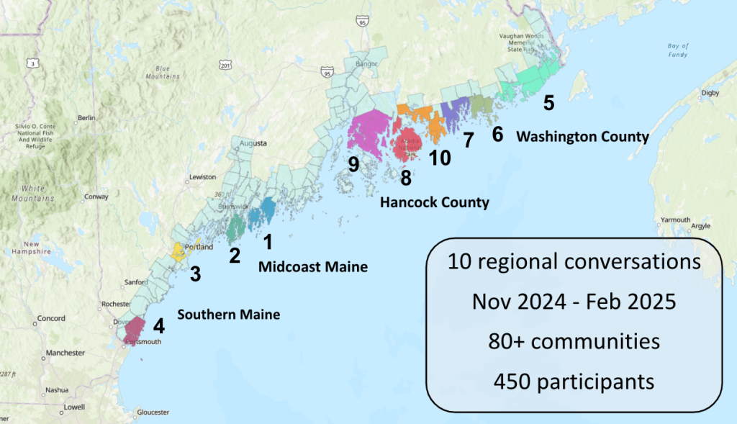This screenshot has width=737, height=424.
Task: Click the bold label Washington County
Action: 583,136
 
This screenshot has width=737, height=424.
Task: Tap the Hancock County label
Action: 435,202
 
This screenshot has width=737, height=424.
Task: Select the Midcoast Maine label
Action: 313,267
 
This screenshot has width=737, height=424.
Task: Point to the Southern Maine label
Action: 229,315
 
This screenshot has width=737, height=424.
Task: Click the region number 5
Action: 548,103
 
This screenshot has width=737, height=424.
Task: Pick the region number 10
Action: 440,157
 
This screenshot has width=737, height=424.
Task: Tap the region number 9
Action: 353,165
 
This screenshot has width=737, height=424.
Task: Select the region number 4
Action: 159,326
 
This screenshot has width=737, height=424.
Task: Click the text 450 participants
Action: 574,381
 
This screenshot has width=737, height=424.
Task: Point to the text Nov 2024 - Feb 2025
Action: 574,301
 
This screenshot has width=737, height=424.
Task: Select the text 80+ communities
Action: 574,340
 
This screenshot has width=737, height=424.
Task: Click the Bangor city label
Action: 366,64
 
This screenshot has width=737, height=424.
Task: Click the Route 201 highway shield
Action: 227,66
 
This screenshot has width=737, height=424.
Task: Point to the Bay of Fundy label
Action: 677,50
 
